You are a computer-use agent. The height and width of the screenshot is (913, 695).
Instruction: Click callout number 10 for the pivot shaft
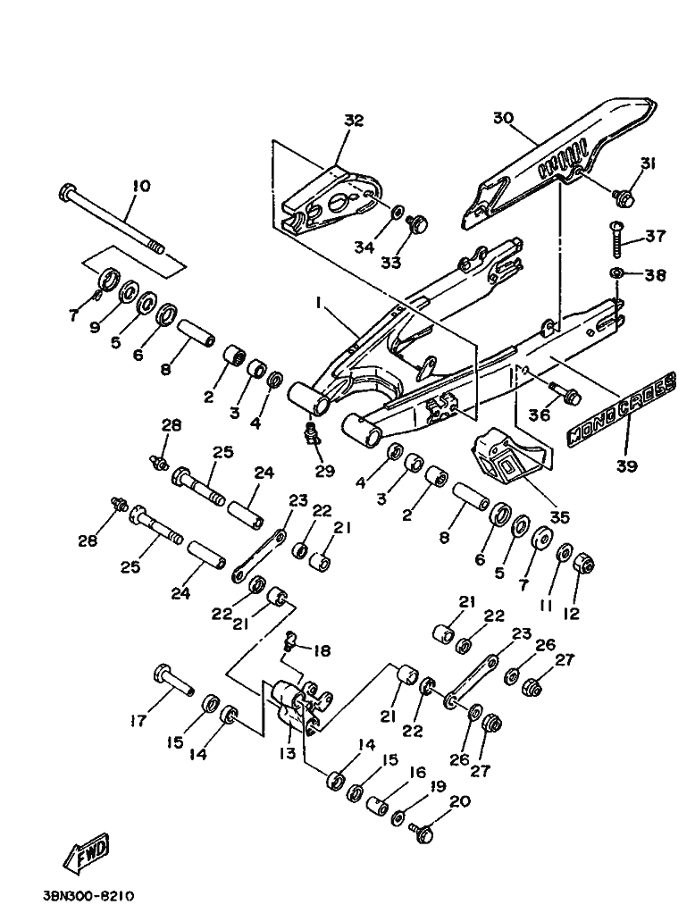[140, 186]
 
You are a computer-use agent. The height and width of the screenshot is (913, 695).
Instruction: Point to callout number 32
[354, 121]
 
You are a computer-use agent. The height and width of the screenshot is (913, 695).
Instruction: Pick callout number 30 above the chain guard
[503, 117]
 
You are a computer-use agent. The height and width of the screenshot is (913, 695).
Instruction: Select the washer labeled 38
[617, 273]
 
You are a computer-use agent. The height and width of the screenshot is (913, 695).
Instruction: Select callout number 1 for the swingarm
[318, 305]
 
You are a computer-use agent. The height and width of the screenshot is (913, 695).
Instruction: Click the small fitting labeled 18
[290, 639]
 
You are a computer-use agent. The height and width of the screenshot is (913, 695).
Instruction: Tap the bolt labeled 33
[418, 223]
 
